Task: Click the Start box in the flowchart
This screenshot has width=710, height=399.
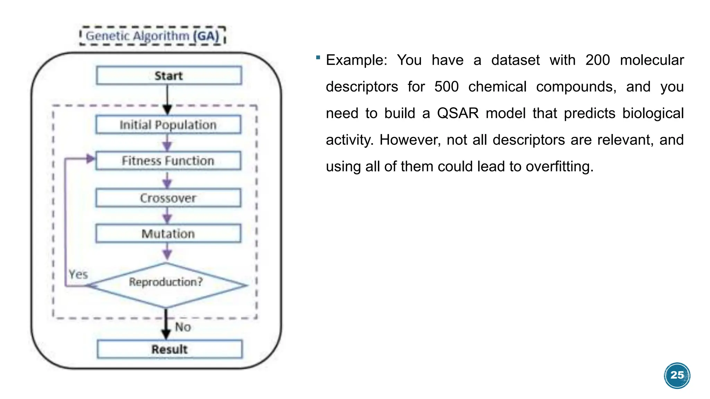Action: click(169, 76)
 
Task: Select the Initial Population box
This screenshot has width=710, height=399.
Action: click(168, 125)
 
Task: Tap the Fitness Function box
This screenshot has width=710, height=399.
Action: click(168, 161)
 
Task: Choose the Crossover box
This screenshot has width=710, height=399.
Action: click(168, 198)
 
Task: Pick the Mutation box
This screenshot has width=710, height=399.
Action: click(168, 234)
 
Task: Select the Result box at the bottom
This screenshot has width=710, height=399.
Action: click(170, 349)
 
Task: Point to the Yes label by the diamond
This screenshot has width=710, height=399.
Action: click(78, 274)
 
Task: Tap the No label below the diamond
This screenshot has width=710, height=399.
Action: click(183, 327)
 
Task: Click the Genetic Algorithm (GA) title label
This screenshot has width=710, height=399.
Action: click(153, 36)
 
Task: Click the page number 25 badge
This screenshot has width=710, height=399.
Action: click(677, 375)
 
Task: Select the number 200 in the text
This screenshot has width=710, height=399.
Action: click(597, 60)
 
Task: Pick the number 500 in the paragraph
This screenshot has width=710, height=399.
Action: click(446, 87)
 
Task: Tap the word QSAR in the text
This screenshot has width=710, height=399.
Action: click(458, 113)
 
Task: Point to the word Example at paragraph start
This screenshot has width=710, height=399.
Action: click(356, 60)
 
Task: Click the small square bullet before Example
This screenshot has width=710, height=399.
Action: click(318, 57)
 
